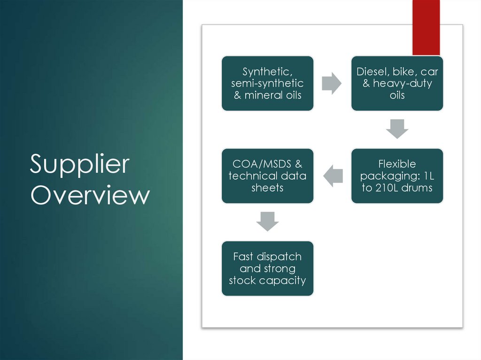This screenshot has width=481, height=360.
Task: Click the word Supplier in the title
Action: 79,165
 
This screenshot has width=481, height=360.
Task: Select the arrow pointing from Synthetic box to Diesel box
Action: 332,84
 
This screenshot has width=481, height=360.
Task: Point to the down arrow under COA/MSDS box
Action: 267,221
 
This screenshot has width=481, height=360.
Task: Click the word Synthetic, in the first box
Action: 267,72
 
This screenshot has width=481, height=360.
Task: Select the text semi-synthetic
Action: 267,84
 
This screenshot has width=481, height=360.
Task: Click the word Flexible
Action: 397,164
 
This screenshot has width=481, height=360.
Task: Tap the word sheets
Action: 267,188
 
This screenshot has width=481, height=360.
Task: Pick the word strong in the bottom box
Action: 279,268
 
